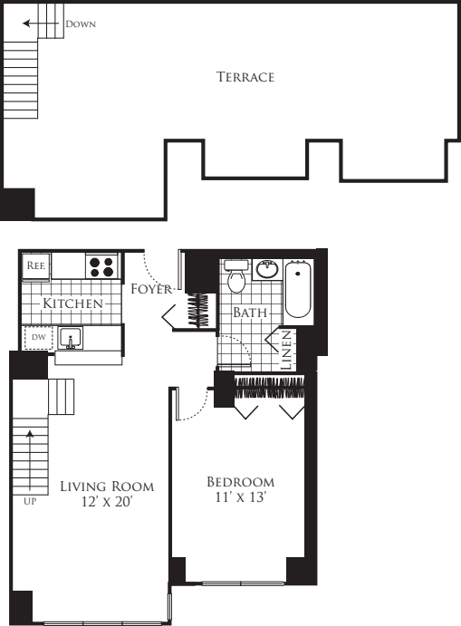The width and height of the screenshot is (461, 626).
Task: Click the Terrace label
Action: (245, 77)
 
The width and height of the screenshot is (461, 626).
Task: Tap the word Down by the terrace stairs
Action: (80, 24)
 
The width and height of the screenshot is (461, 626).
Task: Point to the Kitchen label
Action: (73, 303)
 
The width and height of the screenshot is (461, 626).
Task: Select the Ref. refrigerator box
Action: (36, 266)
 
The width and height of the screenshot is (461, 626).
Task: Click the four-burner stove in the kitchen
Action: (102, 266)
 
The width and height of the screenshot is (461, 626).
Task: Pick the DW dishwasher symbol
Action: (37, 337)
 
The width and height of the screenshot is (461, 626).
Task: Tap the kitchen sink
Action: (72, 339)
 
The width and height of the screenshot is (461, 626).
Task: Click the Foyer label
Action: (151, 290)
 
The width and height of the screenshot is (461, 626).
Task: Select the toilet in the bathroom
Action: (236, 278)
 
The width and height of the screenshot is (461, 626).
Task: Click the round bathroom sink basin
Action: (267, 269)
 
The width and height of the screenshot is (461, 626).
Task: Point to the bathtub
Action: (298, 291)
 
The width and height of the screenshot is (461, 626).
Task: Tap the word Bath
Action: (249, 313)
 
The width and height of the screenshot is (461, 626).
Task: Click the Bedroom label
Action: (240, 481)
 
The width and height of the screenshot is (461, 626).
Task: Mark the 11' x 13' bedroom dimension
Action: (240, 498)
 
